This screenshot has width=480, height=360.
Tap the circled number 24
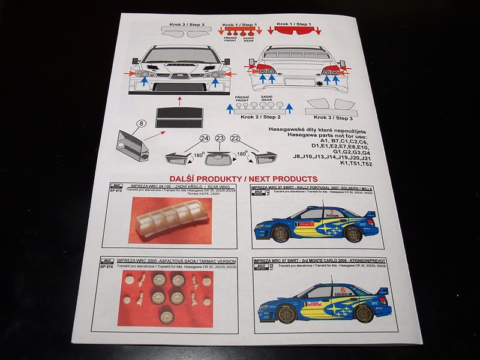[204, 139]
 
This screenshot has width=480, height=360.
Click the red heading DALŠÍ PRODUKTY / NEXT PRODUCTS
[244, 179]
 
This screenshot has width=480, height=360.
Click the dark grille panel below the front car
[178, 118]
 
